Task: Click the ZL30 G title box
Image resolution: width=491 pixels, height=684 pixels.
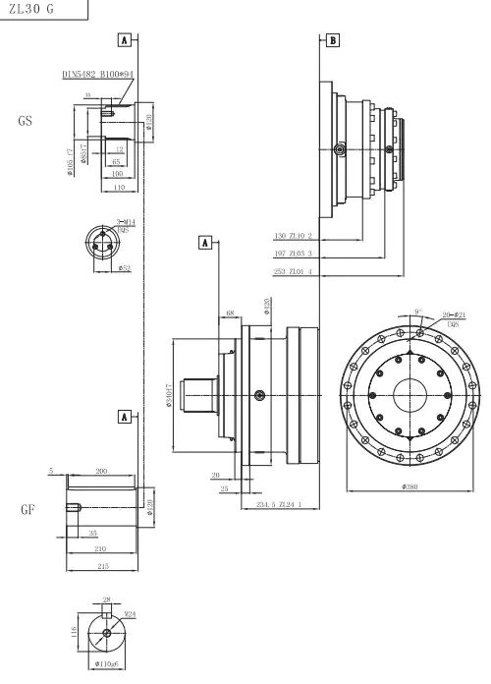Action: (31, 9)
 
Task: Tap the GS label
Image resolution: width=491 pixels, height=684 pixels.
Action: (26, 123)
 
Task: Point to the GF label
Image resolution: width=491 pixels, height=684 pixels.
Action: (27, 511)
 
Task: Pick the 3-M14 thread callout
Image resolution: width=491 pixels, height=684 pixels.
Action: (126, 224)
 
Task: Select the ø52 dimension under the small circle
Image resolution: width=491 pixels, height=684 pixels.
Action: (125, 267)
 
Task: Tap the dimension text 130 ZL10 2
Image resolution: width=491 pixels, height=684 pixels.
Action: (293, 236)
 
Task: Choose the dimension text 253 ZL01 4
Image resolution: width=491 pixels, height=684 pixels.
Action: (293, 271)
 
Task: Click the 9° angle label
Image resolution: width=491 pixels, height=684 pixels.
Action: (418, 311)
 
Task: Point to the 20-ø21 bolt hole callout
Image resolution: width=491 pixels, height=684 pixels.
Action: (454, 314)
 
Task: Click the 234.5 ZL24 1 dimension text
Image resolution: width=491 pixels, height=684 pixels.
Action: (279, 504)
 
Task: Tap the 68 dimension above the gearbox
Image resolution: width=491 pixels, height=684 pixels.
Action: (231, 314)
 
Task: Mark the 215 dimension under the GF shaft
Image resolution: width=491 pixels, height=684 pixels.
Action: (102, 566)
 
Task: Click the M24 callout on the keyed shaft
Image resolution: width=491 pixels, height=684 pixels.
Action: (130, 613)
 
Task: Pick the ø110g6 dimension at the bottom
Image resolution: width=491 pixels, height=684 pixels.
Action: (107, 664)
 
